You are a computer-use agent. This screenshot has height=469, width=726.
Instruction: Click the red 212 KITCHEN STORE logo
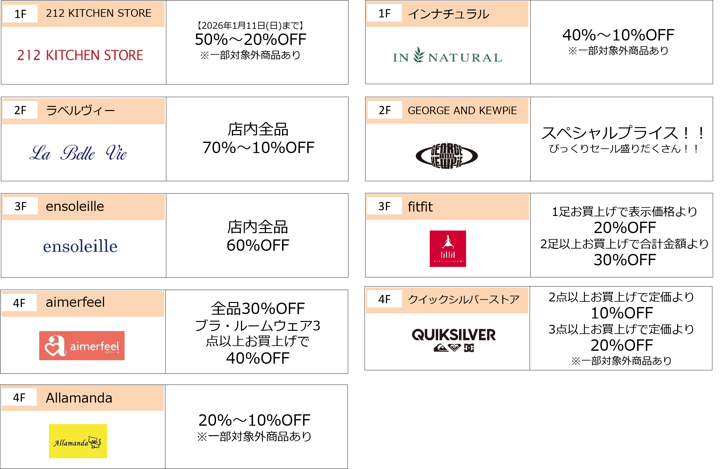click(x=80, y=55)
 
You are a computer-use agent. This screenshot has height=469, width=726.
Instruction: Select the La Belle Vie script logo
click(x=78, y=152)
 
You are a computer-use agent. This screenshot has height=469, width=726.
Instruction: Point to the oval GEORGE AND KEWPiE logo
click(x=447, y=156)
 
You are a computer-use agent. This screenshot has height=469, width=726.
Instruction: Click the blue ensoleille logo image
click(x=80, y=246)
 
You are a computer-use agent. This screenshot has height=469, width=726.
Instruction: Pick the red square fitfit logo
click(x=448, y=249)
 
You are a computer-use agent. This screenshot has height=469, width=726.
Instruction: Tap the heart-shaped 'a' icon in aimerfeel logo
click(x=55, y=346)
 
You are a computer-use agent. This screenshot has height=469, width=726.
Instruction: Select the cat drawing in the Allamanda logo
click(x=95, y=442)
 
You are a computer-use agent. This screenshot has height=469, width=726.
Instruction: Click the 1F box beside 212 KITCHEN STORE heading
click(x=20, y=14)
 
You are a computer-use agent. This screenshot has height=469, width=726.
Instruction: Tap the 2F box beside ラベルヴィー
click(x=20, y=110)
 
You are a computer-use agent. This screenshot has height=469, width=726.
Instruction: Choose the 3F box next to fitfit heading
click(x=384, y=207)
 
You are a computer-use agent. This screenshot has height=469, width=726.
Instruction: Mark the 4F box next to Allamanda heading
click(x=19, y=398)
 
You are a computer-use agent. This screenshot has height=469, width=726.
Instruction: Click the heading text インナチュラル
click(x=448, y=14)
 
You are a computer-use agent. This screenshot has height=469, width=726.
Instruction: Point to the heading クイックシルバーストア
click(x=464, y=299)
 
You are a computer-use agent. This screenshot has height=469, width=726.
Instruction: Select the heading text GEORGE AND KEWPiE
click(x=462, y=111)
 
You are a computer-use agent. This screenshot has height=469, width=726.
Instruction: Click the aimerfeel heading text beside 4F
click(x=75, y=302)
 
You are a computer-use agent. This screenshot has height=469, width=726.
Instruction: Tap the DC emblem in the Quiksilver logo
click(x=469, y=348)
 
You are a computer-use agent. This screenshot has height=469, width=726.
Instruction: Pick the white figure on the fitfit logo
click(x=448, y=242)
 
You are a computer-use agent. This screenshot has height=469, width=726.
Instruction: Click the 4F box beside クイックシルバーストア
click(x=384, y=299)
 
